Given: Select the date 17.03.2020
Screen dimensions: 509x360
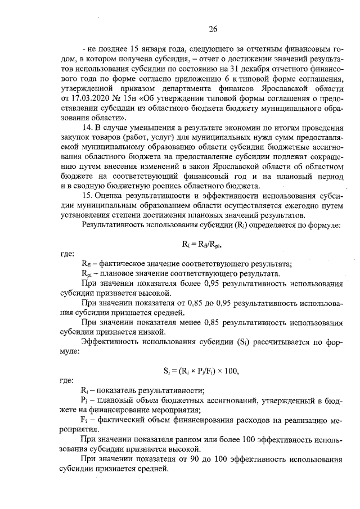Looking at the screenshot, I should click(x=85, y=98).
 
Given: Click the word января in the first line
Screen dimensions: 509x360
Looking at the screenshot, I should click(x=146, y=49).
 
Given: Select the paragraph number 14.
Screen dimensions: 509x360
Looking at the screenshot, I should click(x=88, y=129).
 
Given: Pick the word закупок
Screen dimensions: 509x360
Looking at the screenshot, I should click(x=79, y=139).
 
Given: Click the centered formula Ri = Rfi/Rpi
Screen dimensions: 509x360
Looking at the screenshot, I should click(x=202, y=244).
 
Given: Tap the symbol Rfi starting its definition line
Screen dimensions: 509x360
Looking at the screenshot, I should click(x=86, y=263).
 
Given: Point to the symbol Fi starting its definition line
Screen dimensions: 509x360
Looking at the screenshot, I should click(x=85, y=421).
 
